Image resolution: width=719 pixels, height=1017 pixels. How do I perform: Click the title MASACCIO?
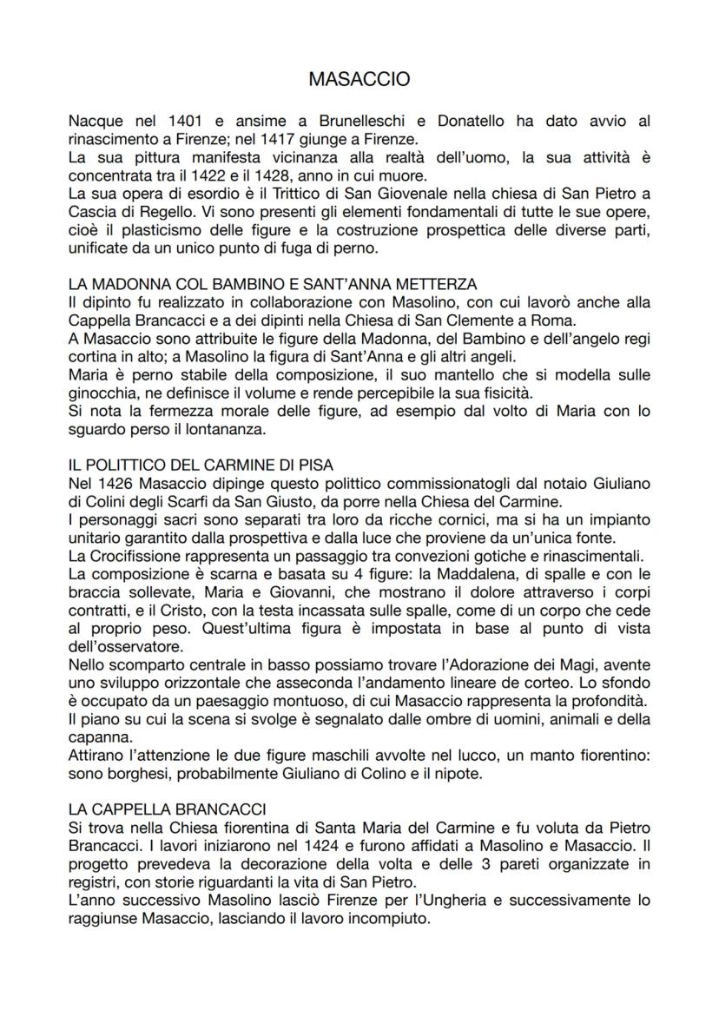tap(359, 80)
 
